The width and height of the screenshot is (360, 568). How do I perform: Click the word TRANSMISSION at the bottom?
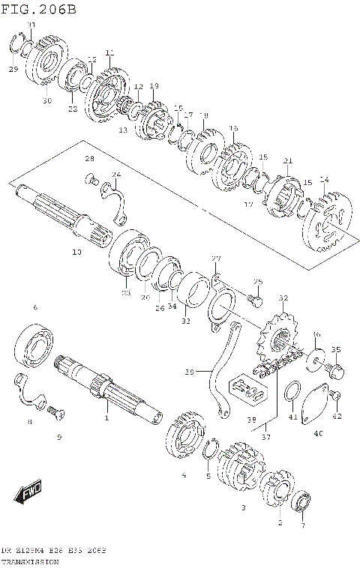pyautogui.click(x=31, y=561)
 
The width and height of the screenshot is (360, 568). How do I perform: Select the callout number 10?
pyautogui.click(x=76, y=253)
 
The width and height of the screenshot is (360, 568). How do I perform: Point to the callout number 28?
pyautogui.click(x=89, y=159)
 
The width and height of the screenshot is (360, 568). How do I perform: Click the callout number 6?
pyautogui.click(x=34, y=307)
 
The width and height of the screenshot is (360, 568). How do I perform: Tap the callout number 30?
pyautogui.click(x=46, y=100)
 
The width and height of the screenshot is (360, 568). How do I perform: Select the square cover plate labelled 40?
pyautogui.click(x=316, y=405)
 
